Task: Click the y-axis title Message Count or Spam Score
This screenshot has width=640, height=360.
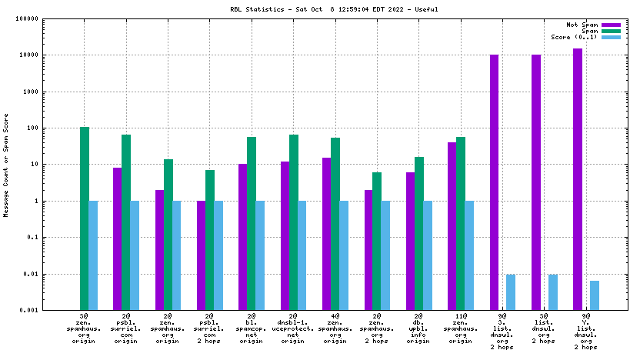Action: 7,165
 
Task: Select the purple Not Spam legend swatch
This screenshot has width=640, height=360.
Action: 611,25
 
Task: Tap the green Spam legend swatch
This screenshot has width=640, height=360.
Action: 611,31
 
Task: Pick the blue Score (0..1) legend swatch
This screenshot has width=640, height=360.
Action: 611,37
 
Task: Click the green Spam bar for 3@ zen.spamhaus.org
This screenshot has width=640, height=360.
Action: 85,218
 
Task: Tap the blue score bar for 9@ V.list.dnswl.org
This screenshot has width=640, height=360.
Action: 595,295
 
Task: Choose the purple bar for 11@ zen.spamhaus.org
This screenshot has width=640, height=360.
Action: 452,226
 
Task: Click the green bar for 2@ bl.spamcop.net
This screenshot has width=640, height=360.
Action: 252,223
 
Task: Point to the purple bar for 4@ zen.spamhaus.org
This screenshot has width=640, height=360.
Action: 327,234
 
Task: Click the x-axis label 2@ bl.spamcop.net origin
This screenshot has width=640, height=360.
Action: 252,328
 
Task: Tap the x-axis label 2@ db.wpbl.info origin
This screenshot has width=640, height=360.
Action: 418,328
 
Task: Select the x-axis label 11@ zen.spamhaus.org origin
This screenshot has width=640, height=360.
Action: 460,328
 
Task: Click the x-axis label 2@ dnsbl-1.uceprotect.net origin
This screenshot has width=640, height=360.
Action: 293,328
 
